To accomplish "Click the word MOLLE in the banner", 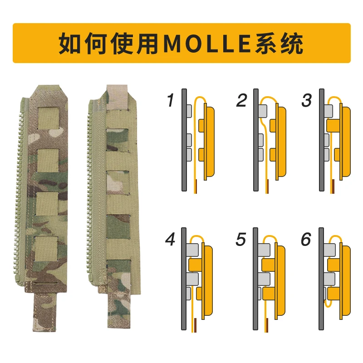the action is pos(207,44).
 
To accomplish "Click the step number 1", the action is pos(171,100).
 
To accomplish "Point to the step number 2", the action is pos(241,100).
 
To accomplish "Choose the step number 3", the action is pos(307,100).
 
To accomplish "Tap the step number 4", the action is pos(170,239).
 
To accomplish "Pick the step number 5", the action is pos(241,239).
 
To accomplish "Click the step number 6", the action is pos(306,239).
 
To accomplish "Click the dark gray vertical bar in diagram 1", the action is pos(184,140).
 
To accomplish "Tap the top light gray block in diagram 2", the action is pos(263,111).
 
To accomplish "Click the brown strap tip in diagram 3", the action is pos(333,186).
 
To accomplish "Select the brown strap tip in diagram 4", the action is pos(195,325).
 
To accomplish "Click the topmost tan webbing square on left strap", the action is pos(49,118).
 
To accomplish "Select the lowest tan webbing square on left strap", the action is pos(46,248).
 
